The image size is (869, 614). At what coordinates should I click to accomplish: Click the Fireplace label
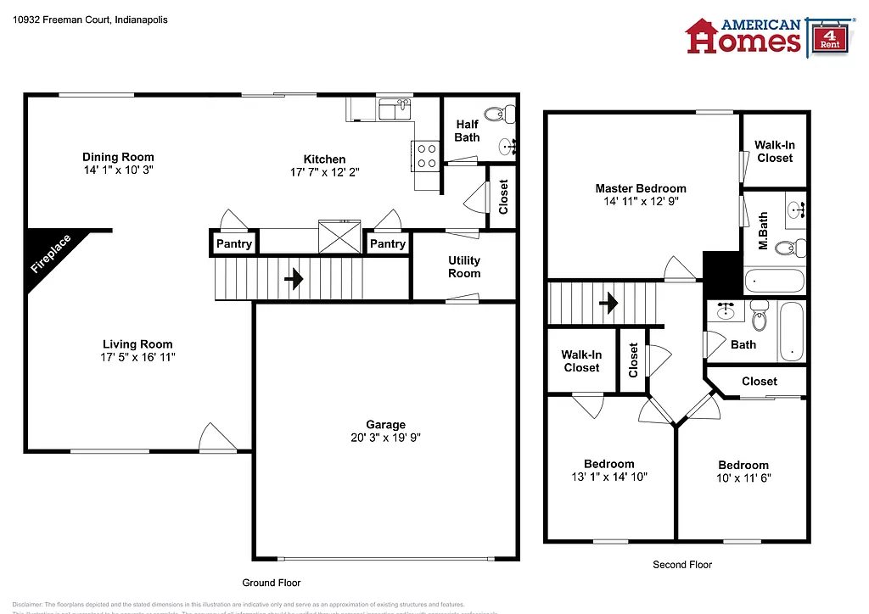(51, 254)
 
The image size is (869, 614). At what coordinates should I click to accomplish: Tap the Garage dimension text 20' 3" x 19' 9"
(385, 438)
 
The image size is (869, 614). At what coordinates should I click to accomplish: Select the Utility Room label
(464, 267)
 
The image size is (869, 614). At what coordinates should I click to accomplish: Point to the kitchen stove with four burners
(426, 154)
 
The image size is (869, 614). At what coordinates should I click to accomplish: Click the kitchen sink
(394, 108)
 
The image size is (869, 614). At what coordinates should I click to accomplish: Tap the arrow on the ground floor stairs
(294, 278)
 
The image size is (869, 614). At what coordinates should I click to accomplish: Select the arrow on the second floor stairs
(608, 303)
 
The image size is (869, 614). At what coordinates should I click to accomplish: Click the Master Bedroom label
(641, 188)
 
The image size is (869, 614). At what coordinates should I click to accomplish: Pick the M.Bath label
(763, 232)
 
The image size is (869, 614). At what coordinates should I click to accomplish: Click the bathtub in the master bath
(774, 280)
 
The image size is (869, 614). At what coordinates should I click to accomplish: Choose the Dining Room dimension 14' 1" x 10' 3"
(118, 170)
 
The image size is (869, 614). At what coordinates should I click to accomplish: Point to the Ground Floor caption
(272, 583)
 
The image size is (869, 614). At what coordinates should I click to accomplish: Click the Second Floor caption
(682, 564)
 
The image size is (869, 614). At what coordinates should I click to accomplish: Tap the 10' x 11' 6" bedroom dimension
(743, 477)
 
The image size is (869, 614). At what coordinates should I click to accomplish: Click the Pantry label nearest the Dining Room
(233, 244)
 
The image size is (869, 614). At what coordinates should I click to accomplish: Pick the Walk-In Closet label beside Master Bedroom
(775, 152)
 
